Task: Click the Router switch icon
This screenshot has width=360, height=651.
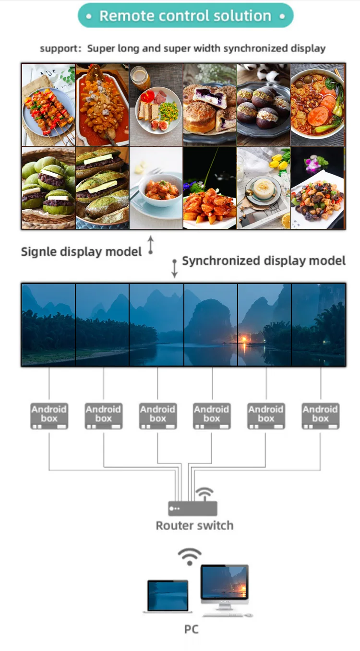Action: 192,509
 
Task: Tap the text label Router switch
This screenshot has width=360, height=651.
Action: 194,525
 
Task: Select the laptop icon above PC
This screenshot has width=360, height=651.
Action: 168,596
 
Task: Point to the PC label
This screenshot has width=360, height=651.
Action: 191,629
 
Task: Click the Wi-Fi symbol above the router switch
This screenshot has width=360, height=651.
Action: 205,493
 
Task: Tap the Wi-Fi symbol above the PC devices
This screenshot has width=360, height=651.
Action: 190,556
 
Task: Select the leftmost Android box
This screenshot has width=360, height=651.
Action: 49,415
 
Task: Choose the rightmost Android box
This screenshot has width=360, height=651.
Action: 320,415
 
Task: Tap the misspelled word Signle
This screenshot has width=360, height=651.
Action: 39,251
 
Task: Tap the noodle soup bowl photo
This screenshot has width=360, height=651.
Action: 318,105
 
